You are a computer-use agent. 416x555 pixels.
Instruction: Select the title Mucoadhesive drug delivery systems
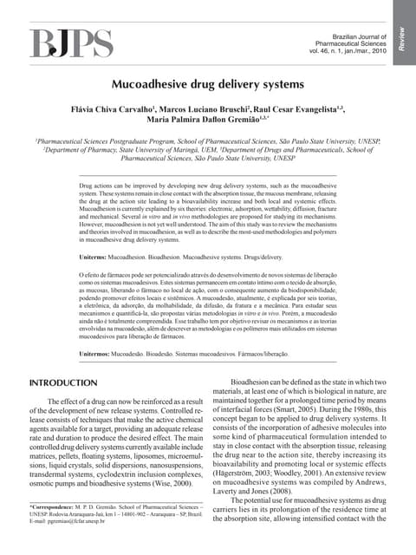pyautogui.click(x=207, y=87)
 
